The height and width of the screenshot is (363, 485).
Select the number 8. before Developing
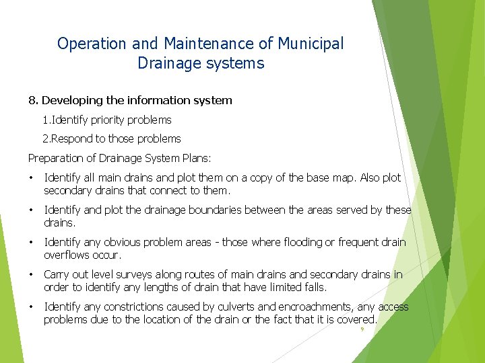click(33, 100)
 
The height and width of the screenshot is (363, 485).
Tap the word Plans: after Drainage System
click(195, 158)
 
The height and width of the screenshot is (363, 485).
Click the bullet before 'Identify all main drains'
click(31, 178)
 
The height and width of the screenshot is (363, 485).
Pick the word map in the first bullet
click(342, 177)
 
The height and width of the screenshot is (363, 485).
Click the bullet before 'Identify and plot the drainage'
click(31, 210)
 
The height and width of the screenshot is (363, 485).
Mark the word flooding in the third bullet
click(295, 242)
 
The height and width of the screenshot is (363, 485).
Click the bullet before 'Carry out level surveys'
click(31, 274)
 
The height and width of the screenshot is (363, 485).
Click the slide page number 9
click(362, 329)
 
